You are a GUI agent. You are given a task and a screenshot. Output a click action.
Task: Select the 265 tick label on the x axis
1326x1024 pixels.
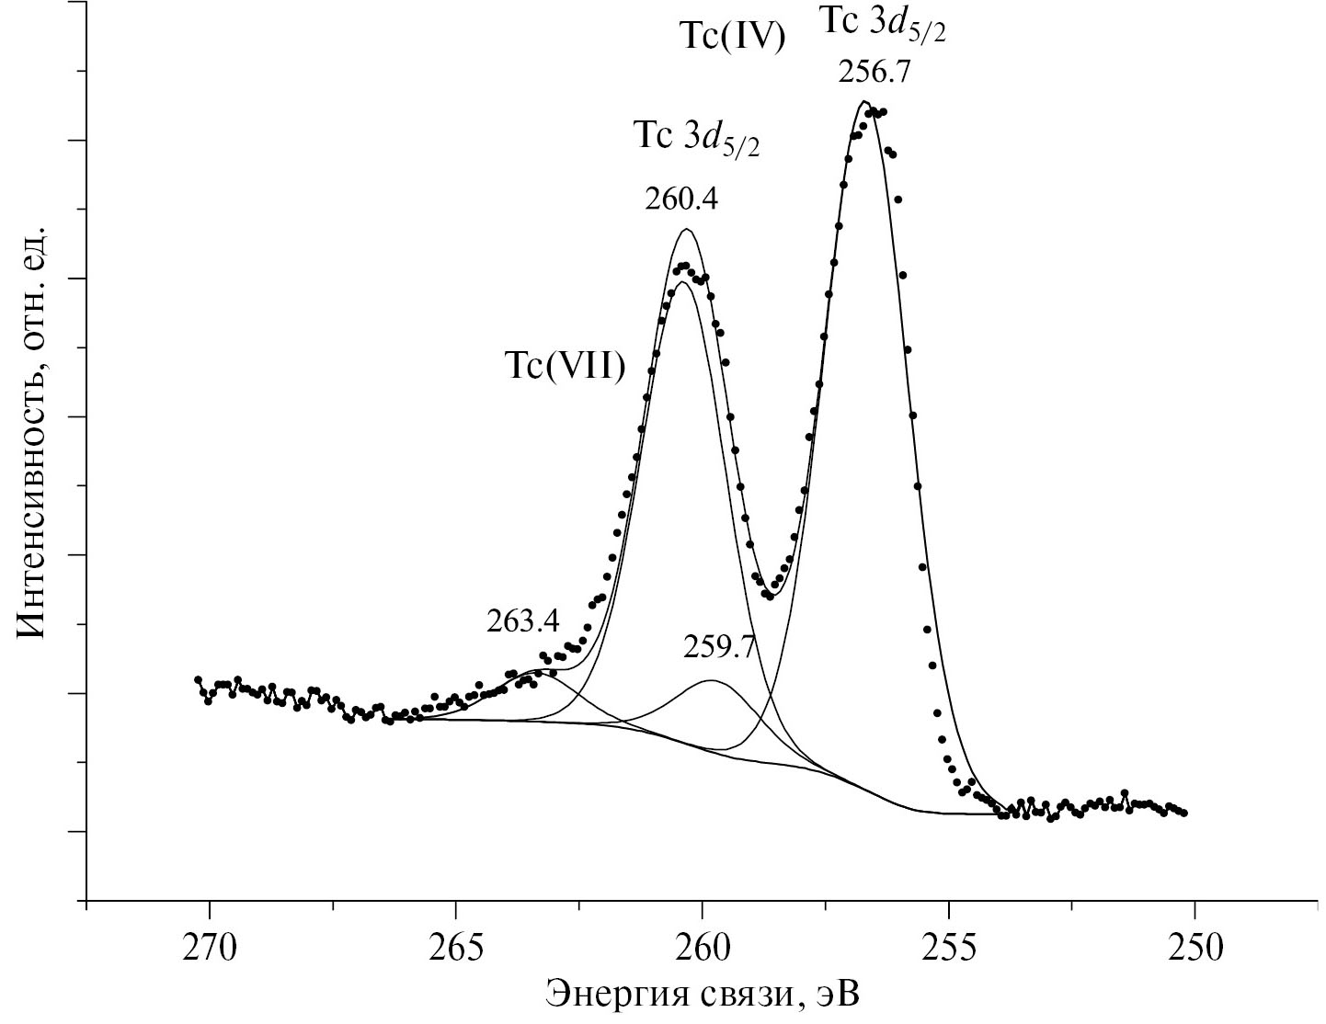(455, 949)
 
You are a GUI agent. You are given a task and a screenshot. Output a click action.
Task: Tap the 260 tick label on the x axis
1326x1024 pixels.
(702, 949)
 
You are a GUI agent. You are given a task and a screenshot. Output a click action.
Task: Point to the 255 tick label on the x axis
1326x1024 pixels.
(948, 949)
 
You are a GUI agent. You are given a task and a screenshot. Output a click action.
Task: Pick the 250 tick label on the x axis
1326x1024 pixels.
(1195, 949)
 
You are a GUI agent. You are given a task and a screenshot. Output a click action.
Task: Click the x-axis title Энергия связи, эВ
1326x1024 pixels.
(704, 995)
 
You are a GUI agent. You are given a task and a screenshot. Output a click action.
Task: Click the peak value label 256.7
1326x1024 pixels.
(874, 73)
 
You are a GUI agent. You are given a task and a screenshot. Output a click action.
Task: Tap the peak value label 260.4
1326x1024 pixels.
(681, 199)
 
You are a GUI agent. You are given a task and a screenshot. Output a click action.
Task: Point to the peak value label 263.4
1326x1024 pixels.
(522, 622)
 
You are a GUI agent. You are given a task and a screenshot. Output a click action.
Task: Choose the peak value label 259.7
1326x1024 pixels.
(719, 648)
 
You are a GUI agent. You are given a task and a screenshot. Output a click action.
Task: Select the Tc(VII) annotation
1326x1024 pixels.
(565, 366)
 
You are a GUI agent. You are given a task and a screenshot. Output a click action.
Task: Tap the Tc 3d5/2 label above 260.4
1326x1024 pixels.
(696, 138)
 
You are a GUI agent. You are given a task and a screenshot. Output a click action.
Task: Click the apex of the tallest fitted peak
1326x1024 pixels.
(863, 101)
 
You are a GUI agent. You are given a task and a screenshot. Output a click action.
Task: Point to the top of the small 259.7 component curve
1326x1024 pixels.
(713, 680)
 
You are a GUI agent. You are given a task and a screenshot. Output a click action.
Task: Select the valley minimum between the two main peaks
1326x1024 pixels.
(771, 595)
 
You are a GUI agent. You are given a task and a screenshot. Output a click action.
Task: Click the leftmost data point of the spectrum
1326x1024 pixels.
(198, 679)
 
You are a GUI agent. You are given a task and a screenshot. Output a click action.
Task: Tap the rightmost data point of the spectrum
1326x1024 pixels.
(1184, 813)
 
